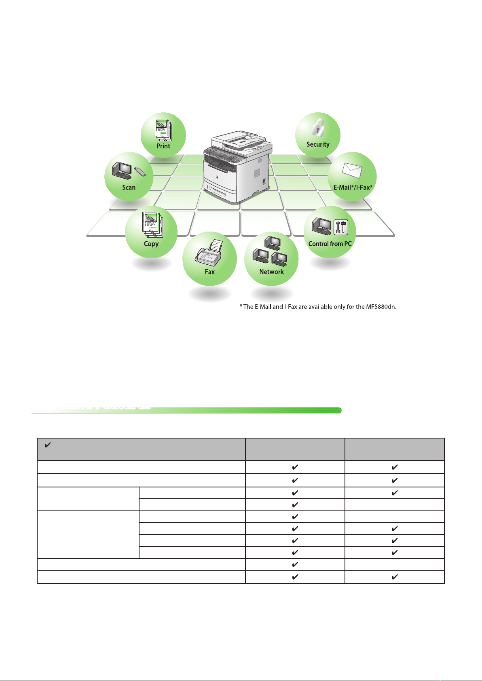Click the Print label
click(x=163, y=146)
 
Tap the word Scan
click(x=129, y=188)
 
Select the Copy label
click(x=151, y=244)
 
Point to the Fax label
click(x=209, y=272)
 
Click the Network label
click(x=271, y=272)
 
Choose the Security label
click(x=318, y=144)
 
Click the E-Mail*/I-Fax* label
click(x=353, y=188)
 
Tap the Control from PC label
click(x=330, y=244)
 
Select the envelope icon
click(x=352, y=171)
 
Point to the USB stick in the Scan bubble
click(x=140, y=171)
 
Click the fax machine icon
click(x=209, y=253)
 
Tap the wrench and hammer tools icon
click(x=341, y=227)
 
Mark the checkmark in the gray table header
click(x=47, y=445)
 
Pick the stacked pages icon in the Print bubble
click(x=163, y=129)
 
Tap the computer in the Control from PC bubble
click(x=321, y=226)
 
